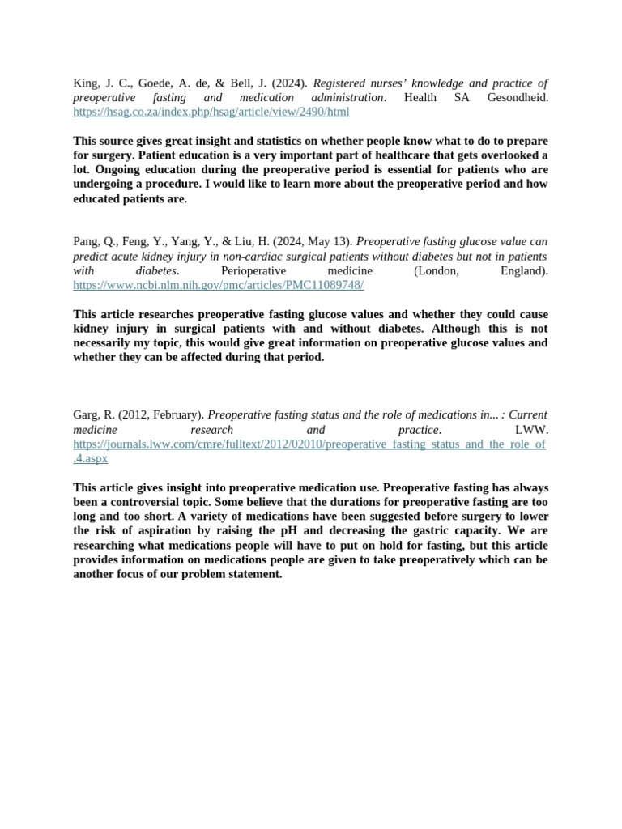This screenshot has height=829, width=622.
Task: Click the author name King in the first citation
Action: (85, 83)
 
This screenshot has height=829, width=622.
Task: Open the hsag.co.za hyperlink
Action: (211, 113)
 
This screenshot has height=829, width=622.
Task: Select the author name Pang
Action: (87, 242)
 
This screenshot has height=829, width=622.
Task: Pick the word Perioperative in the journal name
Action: (254, 271)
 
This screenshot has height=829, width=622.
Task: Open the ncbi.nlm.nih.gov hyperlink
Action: (218, 286)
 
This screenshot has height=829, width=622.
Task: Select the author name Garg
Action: (87, 415)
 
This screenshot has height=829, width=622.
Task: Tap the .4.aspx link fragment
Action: (90, 459)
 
